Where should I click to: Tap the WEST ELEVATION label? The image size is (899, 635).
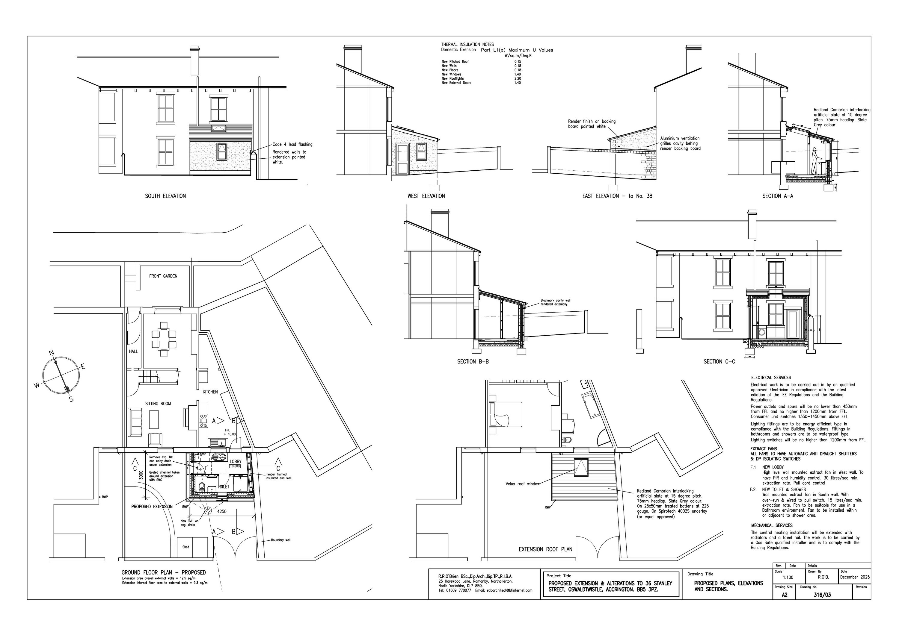426,196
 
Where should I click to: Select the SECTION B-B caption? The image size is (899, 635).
473,362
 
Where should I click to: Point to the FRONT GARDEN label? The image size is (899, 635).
163,276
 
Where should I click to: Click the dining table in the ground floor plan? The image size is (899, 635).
164,339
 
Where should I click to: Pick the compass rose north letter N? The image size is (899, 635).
51,353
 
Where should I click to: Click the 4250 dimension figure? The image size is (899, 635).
222,511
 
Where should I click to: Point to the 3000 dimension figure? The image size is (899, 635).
141,475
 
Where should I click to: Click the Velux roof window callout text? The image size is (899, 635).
522,484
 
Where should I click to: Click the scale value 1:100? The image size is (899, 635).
788,578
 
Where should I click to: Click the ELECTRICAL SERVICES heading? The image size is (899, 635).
770,378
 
